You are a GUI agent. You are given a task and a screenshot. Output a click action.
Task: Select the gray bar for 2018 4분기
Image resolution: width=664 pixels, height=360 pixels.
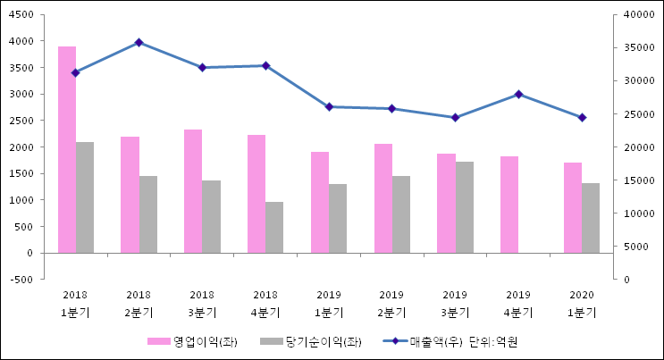pos(274,227)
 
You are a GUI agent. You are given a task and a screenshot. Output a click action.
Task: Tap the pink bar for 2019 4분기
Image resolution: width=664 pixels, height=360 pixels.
pos(509,205)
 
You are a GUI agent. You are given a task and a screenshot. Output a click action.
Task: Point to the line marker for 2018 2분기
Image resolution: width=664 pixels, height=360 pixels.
pos(139,42)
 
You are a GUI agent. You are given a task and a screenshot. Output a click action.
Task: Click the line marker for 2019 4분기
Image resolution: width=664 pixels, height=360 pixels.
pos(518,94)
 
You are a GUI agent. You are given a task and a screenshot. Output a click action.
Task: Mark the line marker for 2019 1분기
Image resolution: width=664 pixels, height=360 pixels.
pos(329,106)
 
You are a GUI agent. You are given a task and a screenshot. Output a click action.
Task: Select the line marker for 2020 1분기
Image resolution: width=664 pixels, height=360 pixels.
pos(582,117)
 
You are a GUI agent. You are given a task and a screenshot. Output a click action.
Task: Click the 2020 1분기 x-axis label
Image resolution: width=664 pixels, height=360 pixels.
pos(582,304)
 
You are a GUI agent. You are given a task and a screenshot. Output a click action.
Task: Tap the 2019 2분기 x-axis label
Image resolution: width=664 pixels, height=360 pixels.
pos(391,304)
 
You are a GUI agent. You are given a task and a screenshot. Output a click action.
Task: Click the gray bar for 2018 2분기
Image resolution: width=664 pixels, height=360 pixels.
pos(147,214)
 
